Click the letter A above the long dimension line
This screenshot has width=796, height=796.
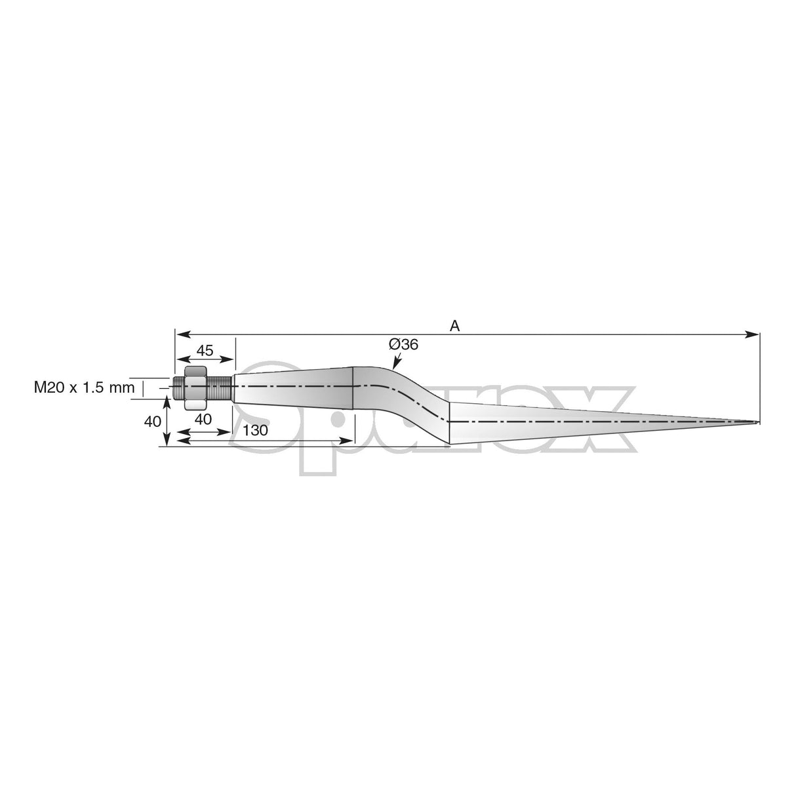click(x=454, y=325)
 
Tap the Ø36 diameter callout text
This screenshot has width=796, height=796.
click(x=403, y=344)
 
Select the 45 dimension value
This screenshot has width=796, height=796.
click(x=205, y=351)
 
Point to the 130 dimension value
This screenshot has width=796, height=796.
click(x=255, y=431)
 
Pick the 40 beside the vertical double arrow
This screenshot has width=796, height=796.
click(x=152, y=422)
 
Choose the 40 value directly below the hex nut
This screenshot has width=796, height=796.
click(x=204, y=420)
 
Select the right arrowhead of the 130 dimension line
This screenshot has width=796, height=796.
click(x=349, y=441)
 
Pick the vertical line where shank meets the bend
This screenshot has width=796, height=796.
click(x=354, y=387)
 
